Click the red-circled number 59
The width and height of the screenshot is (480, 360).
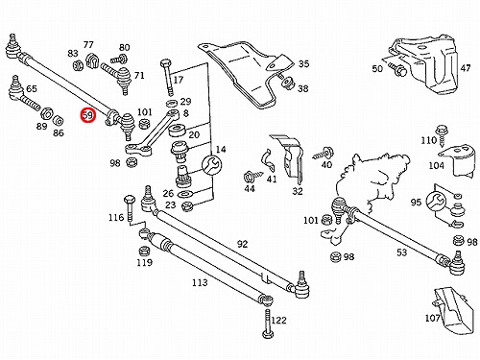tap(88, 115)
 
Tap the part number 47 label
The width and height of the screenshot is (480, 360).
tap(466, 68)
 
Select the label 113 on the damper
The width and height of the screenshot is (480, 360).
tap(200, 282)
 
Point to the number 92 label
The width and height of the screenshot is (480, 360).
tap(242, 244)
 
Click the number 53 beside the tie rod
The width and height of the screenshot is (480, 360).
tap(402, 252)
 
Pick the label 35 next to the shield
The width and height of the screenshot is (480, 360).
tap(303, 63)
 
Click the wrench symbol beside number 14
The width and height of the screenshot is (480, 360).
tap(211, 165)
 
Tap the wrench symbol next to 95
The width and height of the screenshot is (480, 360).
tap(436, 202)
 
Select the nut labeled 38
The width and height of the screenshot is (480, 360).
tap(286, 83)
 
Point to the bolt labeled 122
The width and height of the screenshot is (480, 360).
tap(268, 324)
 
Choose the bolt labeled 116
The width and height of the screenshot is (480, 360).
tap(129, 207)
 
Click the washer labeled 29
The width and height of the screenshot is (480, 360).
tap(172, 104)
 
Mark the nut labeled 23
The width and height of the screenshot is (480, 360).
tap(186, 205)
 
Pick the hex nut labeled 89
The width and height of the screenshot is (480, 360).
tap(47, 113)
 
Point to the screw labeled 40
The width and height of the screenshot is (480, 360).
tap(324, 153)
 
